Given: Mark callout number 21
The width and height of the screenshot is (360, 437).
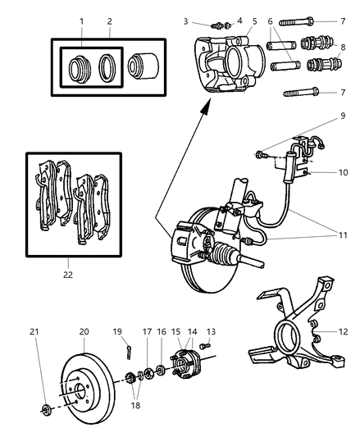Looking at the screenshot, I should (34, 332).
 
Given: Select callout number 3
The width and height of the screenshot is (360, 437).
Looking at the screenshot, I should (186, 20).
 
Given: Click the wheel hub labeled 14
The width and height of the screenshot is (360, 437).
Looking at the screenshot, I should (182, 366).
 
